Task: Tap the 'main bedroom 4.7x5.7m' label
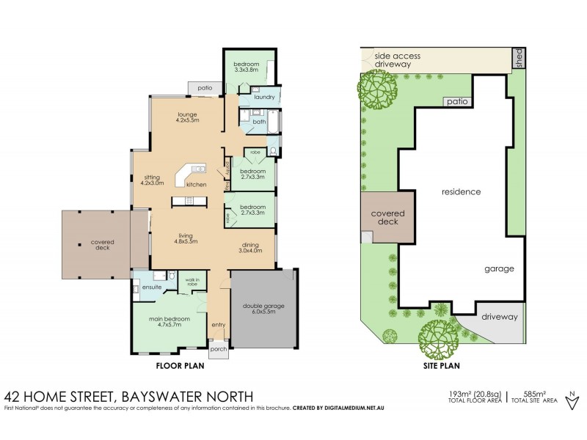point(170,322)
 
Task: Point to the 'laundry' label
point(263,97)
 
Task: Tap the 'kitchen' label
point(196,184)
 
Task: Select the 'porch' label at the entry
point(219,348)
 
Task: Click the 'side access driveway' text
point(402,59)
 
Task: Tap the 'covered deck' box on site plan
point(387,216)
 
